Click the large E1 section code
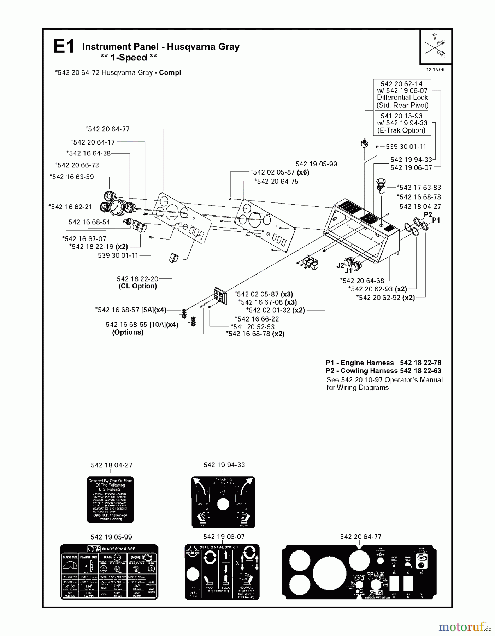(64, 47)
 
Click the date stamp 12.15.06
(435, 70)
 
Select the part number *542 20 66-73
(77, 165)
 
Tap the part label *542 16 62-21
(70, 207)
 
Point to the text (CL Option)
(137, 286)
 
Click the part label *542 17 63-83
(419, 188)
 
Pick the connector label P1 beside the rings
(436, 220)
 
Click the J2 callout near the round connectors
(340, 265)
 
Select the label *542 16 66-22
(257, 319)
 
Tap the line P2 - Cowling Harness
(383, 371)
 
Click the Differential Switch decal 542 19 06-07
(222, 571)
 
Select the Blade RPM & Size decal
(109, 571)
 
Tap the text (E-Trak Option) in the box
(401, 130)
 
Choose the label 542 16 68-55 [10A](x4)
(142, 325)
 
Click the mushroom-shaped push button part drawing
(381, 185)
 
